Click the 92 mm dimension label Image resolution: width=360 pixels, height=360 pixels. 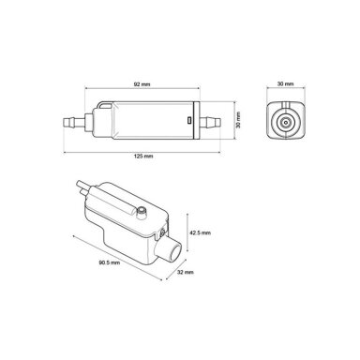142,84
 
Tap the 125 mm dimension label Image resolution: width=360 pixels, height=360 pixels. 143,156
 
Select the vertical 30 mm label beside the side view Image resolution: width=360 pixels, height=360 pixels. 238,120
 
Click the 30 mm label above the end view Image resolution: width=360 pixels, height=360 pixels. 286,84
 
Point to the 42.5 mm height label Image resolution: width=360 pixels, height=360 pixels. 201,232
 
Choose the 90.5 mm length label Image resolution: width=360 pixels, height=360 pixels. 110,262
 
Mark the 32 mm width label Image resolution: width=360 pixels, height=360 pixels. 186,272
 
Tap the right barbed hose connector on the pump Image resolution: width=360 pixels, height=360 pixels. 210,121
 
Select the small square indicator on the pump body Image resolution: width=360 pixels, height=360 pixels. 188,120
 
